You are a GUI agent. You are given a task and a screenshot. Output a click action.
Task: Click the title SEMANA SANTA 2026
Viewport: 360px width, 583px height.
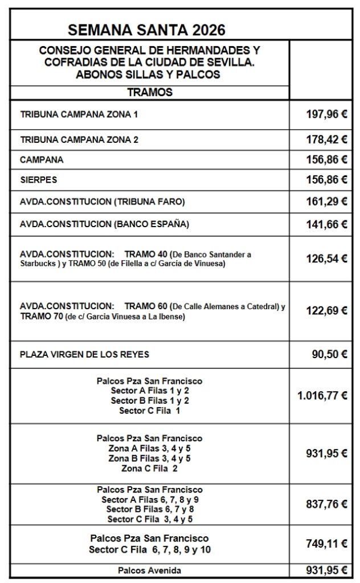(x=146, y=30)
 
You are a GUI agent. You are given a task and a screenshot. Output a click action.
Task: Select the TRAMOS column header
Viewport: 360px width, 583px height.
(x=150, y=92)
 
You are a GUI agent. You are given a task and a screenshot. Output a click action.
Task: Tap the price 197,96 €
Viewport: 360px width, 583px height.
(x=326, y=114)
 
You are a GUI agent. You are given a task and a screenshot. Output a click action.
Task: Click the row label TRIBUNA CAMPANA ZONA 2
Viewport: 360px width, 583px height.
(x=79, y=139)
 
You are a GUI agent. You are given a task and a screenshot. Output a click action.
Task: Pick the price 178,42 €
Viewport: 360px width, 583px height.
(x=326, y=139)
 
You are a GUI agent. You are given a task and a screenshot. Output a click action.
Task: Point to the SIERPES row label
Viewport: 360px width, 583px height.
(x=38, y=180)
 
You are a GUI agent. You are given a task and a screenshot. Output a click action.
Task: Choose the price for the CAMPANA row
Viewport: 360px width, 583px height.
(x=326, y=160)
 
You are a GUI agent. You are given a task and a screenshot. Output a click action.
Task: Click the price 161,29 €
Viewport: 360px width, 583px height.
(x=326, y=201)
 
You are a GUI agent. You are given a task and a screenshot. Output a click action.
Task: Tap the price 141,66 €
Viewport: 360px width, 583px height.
(x=326, y=224)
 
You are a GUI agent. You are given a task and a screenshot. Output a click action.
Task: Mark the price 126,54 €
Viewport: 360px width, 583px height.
(x=326, y=258)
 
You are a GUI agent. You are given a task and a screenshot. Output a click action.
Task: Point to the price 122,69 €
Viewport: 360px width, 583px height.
(x=326, y=311)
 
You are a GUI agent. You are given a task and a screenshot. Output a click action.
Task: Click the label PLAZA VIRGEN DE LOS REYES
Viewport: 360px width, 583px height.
(x=84, y=354)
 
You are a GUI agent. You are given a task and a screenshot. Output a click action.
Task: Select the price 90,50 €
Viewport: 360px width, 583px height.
(x=329, y=354)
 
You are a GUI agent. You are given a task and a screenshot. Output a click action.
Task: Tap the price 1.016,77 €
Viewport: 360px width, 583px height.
(x=322, y=396)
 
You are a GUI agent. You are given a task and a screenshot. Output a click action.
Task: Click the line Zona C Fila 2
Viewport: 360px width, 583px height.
(x=150, y=469)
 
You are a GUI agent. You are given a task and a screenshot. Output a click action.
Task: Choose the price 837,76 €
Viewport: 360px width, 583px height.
(x=326, y=504)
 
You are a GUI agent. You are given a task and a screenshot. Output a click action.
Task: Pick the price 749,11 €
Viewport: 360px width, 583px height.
(x=326, y=544)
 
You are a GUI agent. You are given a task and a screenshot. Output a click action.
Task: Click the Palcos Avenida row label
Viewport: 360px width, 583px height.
(x=150, y=570)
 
